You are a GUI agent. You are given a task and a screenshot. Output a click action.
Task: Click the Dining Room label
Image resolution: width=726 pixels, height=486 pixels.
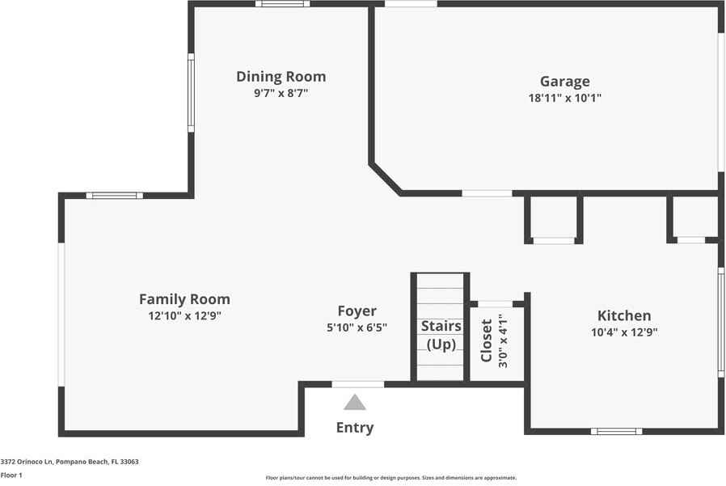[x=281, y=77]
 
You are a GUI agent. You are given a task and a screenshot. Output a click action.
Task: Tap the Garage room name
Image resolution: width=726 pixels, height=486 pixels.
[x=565, y=82]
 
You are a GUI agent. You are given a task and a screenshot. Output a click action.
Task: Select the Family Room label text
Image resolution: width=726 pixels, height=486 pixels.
[x=185, y=299]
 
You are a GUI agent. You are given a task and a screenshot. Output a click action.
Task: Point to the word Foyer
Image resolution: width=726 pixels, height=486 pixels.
[x=357, y=311]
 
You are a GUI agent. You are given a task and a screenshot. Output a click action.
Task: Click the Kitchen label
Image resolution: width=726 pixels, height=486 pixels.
[x=624, y=315]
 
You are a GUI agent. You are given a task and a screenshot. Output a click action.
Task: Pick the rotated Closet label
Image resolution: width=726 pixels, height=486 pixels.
[x=486, y=340]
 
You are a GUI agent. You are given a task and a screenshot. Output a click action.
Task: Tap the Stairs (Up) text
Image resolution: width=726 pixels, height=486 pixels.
[x=441, y=335]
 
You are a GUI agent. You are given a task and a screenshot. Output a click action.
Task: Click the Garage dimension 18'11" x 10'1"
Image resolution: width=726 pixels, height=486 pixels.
[x=565, y=98]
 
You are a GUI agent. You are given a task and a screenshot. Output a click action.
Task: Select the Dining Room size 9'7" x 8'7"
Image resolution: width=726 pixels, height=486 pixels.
[x=281, y=93]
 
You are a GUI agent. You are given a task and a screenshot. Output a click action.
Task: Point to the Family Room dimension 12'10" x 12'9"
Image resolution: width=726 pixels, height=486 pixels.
[x=185, y=316]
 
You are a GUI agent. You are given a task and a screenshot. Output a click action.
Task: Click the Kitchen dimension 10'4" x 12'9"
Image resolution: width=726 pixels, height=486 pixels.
[x=624, y=332]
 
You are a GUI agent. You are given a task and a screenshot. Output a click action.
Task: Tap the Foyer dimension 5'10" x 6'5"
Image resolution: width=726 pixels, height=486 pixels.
[x=357, y=328]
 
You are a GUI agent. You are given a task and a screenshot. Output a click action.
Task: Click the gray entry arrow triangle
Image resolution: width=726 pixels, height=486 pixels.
[x=355, y=403]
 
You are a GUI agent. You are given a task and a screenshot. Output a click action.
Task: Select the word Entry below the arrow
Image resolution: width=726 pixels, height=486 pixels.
[x=355, y=428]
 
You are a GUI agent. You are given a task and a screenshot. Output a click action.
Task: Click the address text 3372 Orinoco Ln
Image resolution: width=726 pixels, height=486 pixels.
[x=27, y=462]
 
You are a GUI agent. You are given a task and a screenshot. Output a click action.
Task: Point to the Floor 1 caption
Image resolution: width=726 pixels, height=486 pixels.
[x=11, y=475]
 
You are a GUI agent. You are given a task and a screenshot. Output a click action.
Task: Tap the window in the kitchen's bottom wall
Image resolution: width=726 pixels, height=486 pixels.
[x=616, y=431]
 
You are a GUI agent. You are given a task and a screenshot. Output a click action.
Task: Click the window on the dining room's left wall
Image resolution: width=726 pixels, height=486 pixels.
[x=191, y=93]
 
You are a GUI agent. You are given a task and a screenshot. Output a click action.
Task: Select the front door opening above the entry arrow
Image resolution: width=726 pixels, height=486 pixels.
[x=358, y=384]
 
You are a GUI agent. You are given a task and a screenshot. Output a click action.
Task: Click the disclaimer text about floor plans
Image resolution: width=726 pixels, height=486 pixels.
[x=391, y=478]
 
